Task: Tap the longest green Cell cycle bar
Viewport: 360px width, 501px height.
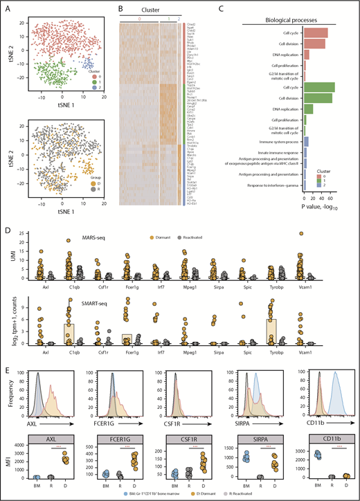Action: click(319, 87)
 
